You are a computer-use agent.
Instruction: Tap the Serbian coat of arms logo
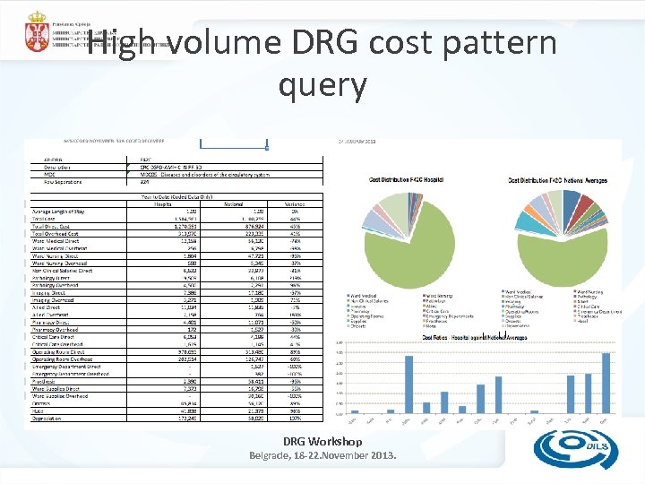pos(37,30)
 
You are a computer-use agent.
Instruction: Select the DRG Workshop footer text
pos(322,441)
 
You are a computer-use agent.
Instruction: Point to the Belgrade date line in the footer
pos(322,456)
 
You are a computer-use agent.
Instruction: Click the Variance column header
pos(295,203)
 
